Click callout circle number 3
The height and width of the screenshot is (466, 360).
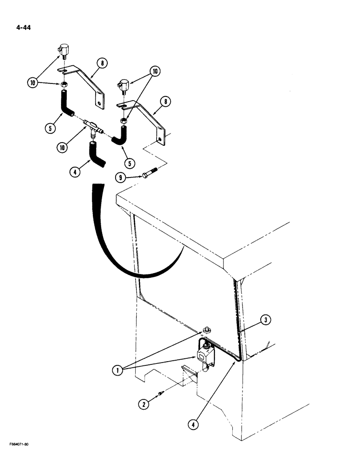click(265, 320)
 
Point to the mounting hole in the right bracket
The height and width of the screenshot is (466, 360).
click(159, 139)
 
